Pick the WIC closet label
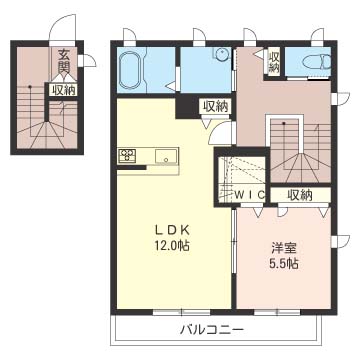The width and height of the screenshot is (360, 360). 246,194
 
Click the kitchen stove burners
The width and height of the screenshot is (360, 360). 128,156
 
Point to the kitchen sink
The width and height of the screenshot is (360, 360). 165,156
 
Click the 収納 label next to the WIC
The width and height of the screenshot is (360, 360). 299,194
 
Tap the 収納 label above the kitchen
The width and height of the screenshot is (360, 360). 214,106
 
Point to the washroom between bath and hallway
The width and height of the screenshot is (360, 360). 206,70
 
